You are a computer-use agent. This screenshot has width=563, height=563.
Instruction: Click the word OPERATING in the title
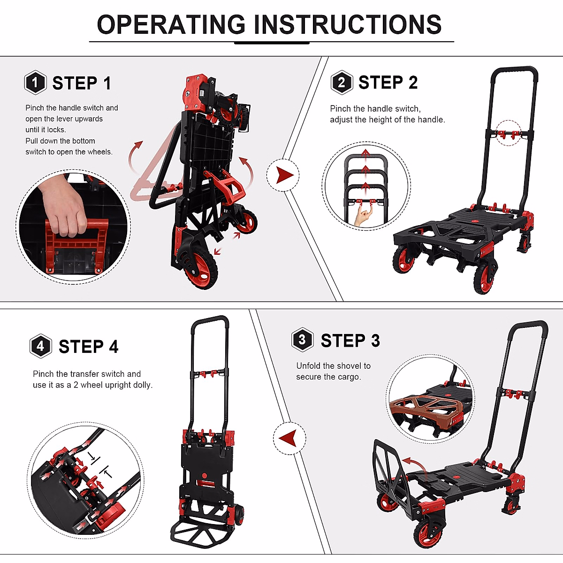click(x=171, y=24)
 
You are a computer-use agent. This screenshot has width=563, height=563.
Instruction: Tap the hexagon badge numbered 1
click(x=35, y=83)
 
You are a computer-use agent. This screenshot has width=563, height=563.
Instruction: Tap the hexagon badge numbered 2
click(x=342, y=83)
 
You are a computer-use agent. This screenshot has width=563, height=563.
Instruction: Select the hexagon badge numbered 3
click(x=302, y=340)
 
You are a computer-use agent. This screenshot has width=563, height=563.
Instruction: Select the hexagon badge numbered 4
click(x=40, y=346)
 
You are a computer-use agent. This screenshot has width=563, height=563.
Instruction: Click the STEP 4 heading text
click(x=88, y=347)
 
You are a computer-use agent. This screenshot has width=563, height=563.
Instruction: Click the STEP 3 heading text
click(x=350, y=341)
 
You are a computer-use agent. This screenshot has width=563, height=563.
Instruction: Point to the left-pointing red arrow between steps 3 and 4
click(x=289, y=438)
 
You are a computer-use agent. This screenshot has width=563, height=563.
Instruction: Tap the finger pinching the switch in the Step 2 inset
click(x=362, y=216)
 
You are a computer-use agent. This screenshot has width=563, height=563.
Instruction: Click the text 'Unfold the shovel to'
click(x=333, y=366)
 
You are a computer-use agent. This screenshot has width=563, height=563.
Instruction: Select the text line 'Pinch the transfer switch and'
click(x=87, y=374)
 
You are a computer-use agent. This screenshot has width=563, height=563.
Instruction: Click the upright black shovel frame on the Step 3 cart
click(x=390, y=469)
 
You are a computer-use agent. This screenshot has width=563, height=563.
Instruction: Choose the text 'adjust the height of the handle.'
click(x=387, y=120)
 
